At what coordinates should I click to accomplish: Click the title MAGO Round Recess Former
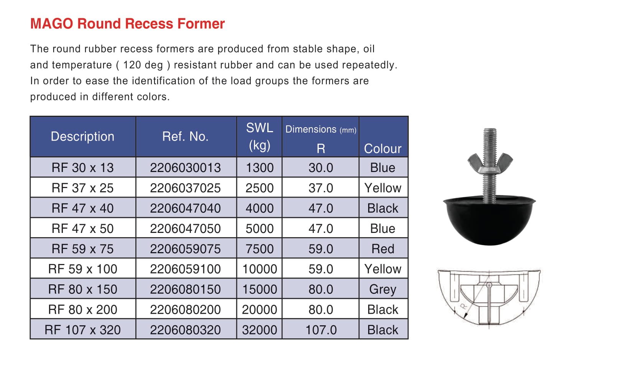(127, 24)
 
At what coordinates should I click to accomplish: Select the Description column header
(82, 136)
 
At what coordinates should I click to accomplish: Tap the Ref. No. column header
(185, 136)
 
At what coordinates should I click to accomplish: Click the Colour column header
(382, 148)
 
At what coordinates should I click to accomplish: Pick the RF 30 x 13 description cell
(82, 167)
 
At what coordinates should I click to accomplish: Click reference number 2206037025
(185, 188)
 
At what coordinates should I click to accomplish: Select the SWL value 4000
(260, 208)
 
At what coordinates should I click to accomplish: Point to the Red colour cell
(383, 249)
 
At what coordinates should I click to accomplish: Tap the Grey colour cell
(382, 289)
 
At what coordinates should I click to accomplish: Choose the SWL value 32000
(260, 330)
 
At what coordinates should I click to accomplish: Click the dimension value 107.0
(321, 330)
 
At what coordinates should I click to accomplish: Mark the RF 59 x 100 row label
(82, 269)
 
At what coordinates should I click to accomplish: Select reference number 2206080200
(185, 310)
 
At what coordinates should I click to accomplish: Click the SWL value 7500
(260, 249)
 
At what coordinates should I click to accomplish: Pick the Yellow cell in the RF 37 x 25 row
(383, 188)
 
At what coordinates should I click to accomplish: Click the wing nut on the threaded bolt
(490, 161)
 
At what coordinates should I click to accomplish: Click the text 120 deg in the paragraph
(143, 65)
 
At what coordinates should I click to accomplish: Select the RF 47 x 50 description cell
(82, 228)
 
